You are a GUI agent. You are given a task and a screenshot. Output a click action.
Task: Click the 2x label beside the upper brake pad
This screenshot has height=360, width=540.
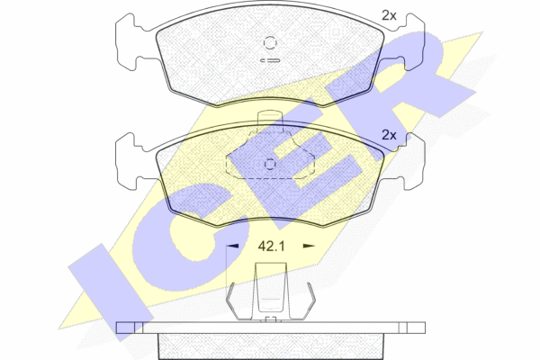389,15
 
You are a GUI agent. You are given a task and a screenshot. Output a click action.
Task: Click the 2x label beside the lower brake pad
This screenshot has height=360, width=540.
389,135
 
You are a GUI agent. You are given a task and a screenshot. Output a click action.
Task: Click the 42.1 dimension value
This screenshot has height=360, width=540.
272,247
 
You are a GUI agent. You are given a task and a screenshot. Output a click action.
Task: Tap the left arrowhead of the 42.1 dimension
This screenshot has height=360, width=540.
232,246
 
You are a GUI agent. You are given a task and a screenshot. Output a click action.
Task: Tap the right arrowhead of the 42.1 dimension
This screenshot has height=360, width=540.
309,246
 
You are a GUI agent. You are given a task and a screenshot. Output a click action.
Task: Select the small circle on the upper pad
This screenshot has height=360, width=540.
270,42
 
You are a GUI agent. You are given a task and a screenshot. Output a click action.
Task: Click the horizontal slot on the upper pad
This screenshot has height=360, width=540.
270,60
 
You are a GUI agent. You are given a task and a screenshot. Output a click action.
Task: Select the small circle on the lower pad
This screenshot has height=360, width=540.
270,165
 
